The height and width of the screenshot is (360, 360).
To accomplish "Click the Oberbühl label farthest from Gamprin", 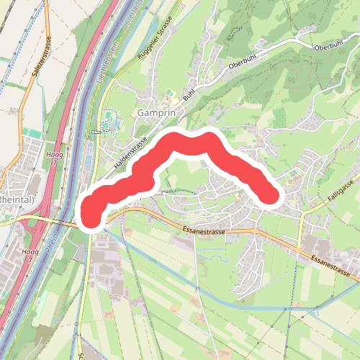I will pos(330,46).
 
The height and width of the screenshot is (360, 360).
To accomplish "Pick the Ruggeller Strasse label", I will pos(155,42).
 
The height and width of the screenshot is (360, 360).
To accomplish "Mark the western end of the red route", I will pos(92,214).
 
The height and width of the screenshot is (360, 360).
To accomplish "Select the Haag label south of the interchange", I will pos(30,253).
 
